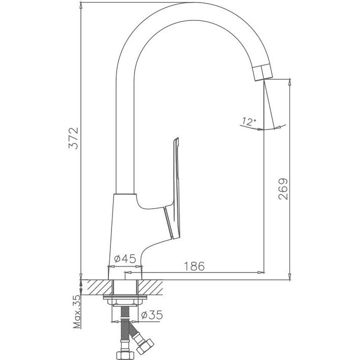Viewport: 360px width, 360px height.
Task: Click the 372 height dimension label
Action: click(x=74, y=138)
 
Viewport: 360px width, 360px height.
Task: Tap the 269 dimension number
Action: click(x=283, y=189)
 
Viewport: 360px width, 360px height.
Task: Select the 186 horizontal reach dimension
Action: click(x=194, y=266)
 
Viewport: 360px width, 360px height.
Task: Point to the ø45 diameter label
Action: click(x=125, y=259)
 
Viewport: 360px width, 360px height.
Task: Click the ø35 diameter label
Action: click(x=152, y=315)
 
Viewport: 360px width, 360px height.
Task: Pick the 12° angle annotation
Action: click(x=249, y=121)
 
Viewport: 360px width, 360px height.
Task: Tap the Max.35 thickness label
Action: click(x=77, y=311)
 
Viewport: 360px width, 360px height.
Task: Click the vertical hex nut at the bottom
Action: click(x=125, y=355)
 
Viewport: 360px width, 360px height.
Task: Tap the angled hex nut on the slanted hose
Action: click(x=145, y=346)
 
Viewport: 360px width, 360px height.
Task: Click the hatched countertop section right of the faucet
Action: click(x=150, y=287)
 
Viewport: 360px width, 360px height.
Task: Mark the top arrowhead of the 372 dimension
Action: click(x=81, y=6)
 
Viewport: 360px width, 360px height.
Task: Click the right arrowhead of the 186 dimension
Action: click(x=261, y=273)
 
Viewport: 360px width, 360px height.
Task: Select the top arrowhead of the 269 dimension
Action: click(x=290, y=82)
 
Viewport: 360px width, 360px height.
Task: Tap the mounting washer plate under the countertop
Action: click(x=125, y=298)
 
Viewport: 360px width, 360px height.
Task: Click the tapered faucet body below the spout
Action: click(x=125, y=236)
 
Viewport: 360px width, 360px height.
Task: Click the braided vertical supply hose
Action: click(x=125, y=328)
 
